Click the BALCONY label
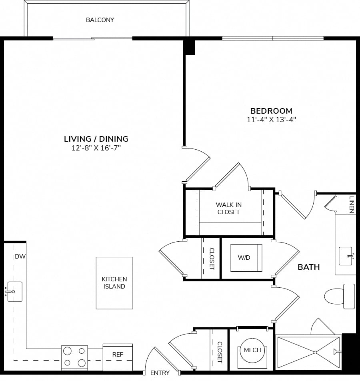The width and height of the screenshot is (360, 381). tap(100, 20)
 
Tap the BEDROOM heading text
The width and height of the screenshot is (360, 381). tap(271, 111)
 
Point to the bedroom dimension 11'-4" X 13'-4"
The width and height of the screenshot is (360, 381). tap(271, 120)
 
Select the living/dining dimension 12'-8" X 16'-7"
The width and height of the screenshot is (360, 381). tap(96, 148)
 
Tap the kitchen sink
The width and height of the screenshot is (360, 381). tap(14, 292)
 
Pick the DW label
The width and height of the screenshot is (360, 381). tap(20, 257)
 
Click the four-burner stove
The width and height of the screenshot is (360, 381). tap(74, 358)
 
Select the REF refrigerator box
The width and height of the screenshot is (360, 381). tap(118, 357)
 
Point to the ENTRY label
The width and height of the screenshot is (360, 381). tap(160, 373)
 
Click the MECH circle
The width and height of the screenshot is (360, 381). tap(252, 350)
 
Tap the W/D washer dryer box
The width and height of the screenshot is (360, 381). tap(246, 258)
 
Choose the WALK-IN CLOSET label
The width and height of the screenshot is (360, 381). tap(228, 208)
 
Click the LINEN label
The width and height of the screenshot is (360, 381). tap(352, 205)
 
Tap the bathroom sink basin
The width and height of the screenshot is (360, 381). tap(346, 256)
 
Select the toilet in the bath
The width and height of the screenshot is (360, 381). tap(340, 297)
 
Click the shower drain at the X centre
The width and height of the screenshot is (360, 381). tap(315, 352)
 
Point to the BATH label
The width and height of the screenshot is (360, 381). tap(308, 267)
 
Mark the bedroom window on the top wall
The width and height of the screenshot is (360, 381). tap(273, 38)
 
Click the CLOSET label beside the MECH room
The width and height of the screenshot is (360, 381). tap(220, 352)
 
